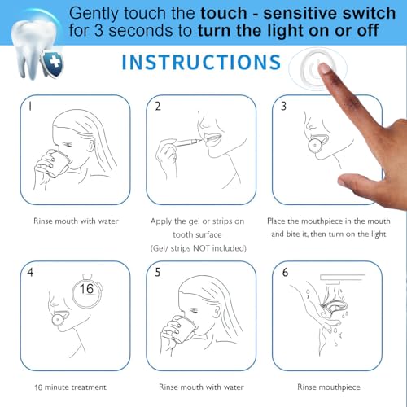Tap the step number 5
(x=158, y=273)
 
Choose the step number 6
(x=284, y=273)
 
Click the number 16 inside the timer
(x=87, y=289)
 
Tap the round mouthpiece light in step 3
(x=313, y=147)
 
